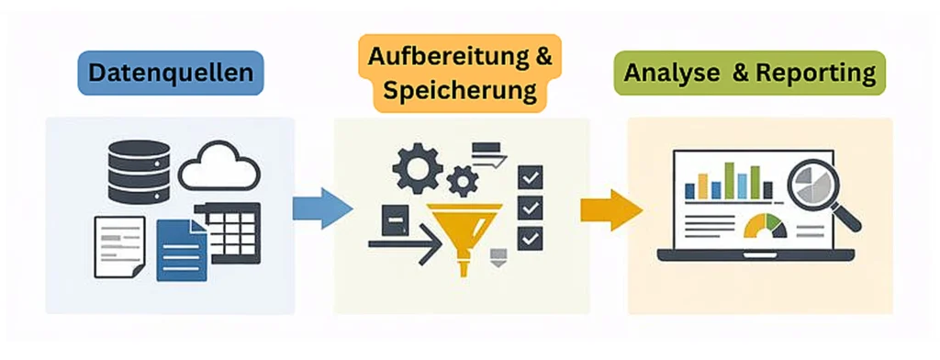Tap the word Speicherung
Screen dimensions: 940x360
coord(459,91)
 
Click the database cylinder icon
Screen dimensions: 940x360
coord(139,172)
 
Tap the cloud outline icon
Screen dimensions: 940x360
coord(218,169)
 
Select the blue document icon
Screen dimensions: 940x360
coord(182,250)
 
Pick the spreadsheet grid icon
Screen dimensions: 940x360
coord(233,230)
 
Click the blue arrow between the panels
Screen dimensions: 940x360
coord(321,208)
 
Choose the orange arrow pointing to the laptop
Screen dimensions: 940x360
coord(610,208)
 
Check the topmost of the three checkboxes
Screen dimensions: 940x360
coord(530,176)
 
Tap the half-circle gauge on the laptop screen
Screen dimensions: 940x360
coord(766,226)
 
